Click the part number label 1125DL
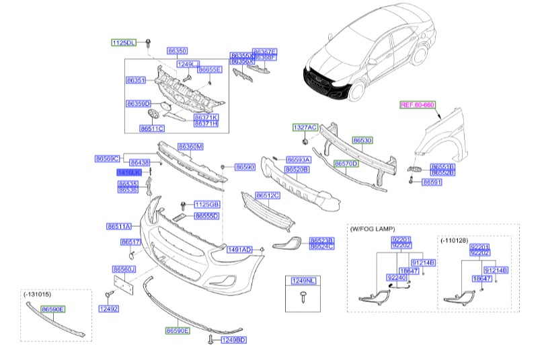coord(123,42)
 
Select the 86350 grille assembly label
coord(177,50)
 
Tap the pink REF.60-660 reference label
coord(418,104)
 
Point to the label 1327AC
coord(303,127)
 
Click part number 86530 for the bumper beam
coord(362,141)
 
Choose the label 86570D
coord(346,164)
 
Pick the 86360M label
coord(190,147)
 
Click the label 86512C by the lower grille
coord(267,195)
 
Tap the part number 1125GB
coord(207,204)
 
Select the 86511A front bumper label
coord(118,227)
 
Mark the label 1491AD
coord(239,250)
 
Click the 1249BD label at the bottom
coord(233,340)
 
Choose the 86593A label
coord(298,160)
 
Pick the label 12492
coord(108,309)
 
